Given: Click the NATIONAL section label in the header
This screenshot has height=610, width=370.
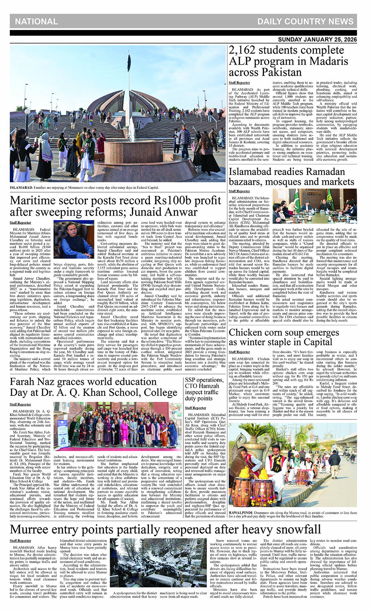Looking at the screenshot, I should point(36,21).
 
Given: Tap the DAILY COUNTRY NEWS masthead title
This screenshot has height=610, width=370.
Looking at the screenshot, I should point(305,21).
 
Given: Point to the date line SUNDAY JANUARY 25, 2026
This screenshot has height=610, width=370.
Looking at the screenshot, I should point(317,40).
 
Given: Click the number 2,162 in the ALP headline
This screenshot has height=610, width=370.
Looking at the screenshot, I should point(245,51).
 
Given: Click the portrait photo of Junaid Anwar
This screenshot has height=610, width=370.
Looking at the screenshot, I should point(74,239).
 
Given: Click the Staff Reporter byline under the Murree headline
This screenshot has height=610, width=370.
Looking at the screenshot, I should point(21,540).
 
